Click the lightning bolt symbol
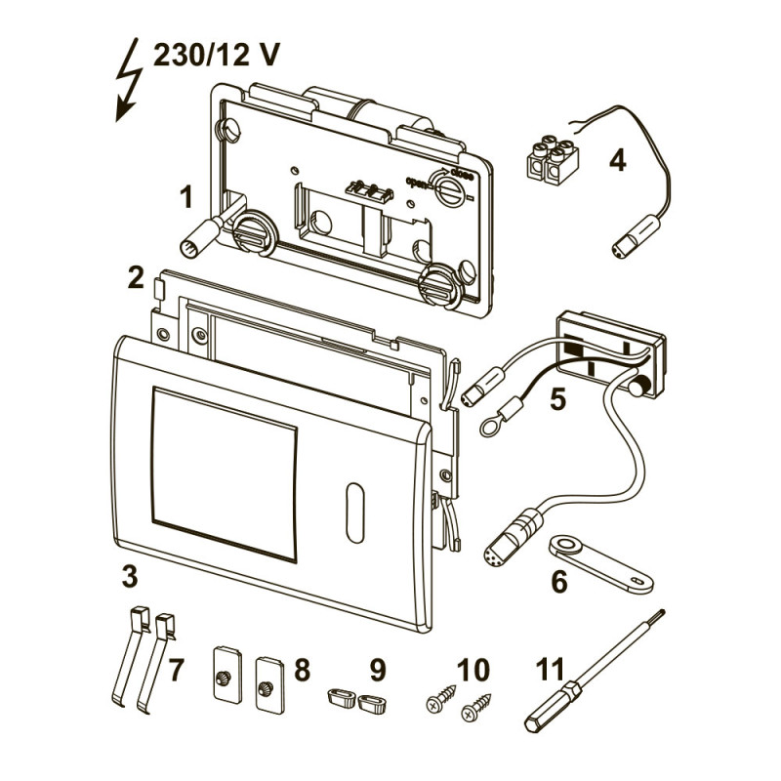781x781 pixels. pos(128,83)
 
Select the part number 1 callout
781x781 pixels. pos(185,199)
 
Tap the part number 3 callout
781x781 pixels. pos(129,576)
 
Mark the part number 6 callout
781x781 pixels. pos(558,582)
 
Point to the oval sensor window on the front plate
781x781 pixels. pos(352,510)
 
